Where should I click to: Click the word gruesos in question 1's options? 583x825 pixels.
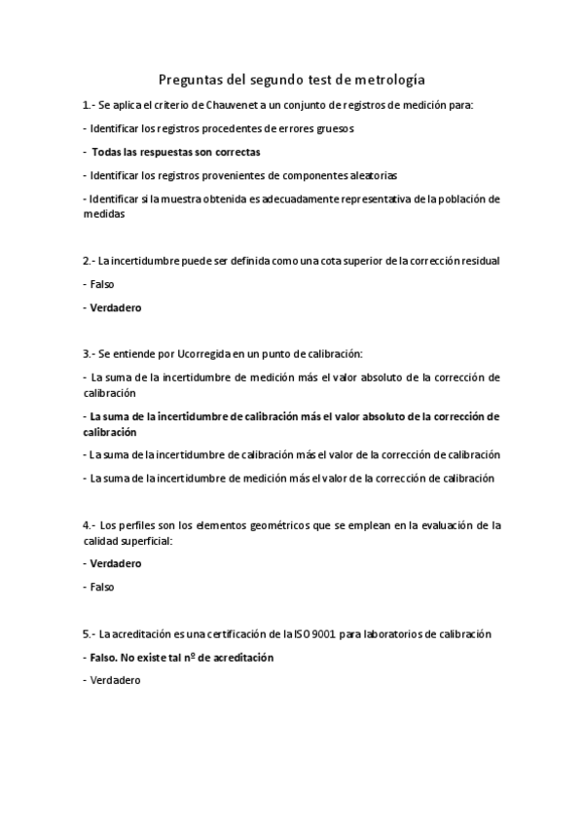[x=334, y=127]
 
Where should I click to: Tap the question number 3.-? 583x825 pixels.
[x=89, y=353]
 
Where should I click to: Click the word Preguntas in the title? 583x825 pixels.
[x=192, y=80]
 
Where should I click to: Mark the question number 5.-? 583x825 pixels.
[x=89, y=633]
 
